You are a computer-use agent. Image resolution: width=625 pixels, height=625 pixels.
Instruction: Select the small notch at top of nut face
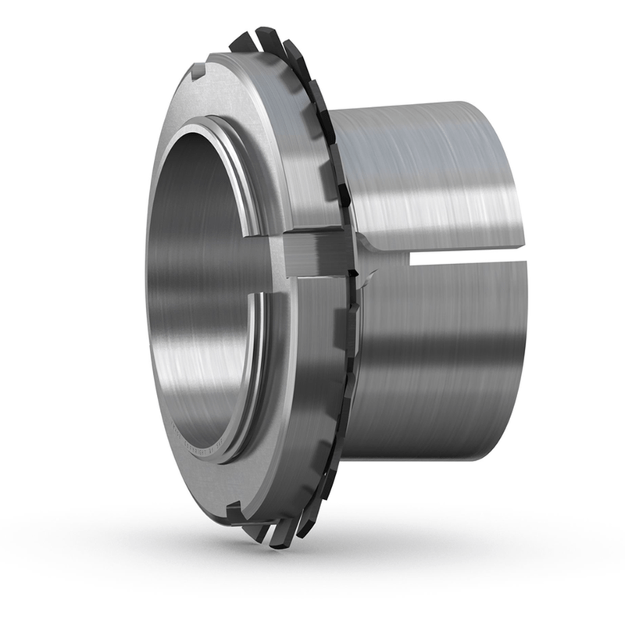click(x=197, y=72)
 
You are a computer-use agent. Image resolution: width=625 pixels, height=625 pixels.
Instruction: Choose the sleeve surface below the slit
click(x=437, y=352)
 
